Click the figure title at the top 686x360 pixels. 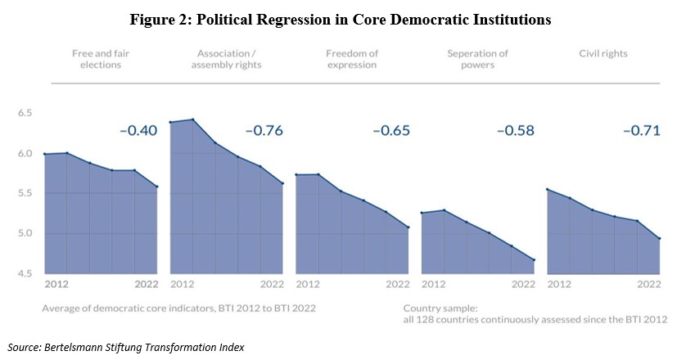(340, 20)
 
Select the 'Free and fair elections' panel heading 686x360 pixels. (101, 59)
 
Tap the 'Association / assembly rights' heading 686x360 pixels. (226, 59)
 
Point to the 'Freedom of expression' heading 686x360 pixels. (352, 59)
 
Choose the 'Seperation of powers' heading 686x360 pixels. (477, 59)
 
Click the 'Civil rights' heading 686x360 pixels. (603, 53)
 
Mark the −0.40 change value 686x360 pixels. (138, 130)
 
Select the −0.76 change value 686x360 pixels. (264, 130)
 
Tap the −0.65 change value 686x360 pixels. (391, 130)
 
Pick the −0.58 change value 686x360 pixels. (516, 130)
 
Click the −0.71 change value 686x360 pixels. (641, 130)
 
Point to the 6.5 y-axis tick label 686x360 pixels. (25, 113)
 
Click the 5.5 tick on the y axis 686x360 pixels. (25, 193)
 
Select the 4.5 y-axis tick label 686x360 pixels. (25, 273)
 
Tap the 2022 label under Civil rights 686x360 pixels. (649, 284)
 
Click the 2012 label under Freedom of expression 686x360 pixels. (308, 284)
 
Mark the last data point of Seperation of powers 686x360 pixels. (534, 260)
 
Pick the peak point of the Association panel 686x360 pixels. (193, 119)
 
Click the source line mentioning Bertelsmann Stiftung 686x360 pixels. (126, 347)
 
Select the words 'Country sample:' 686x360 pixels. (440, 308)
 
